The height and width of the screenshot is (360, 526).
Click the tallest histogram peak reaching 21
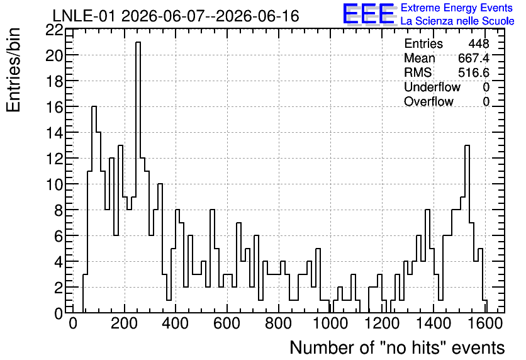tap(138, 43)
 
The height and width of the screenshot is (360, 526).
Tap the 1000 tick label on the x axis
tap(330, 323)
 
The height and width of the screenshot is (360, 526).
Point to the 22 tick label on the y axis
tap(54, 30)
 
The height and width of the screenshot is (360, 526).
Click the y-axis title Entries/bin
tap(13, 70)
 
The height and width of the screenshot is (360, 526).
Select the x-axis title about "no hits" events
tap(397, 347)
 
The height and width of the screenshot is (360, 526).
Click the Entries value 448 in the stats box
tap(479, 43)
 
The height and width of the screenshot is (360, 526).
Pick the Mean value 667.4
tap(474, 58)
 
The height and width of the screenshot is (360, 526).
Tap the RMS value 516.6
tap(474, 72)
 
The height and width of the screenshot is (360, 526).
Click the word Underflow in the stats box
tap(432, 87)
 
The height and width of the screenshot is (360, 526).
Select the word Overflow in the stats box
tap(428, 101)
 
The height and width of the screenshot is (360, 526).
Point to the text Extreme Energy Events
tap(457, 8)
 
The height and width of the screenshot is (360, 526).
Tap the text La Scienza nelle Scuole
tap(457, 21)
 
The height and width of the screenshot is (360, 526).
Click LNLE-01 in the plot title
tap(85, 16)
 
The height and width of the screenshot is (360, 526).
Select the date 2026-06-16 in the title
tap(257, 16)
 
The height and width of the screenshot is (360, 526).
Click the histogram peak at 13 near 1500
tap(467, 146)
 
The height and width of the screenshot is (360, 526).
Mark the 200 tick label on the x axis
tap(125, 323)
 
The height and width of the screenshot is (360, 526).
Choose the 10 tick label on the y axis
tap(54, 184)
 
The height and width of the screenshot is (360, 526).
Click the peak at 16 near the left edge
tap(94, 107)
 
